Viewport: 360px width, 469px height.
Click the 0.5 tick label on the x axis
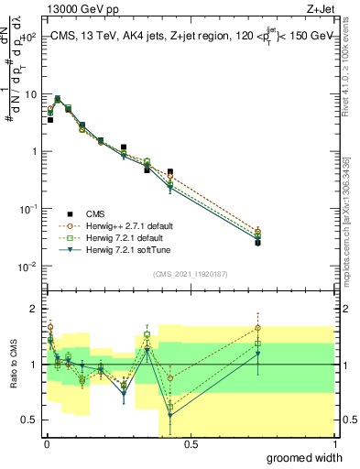coord(191,444)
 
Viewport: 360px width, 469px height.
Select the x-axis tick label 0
coord(47,444)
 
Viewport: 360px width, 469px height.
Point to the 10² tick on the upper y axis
coord(29,38)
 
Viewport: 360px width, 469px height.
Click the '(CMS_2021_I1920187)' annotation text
coord(191,274)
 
